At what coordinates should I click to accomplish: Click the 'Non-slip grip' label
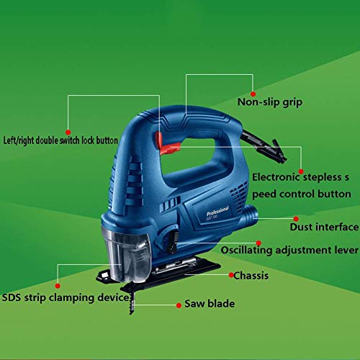coord(270,102)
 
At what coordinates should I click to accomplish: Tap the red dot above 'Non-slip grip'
coord(253,94)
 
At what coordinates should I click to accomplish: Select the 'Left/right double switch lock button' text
coord(60,140)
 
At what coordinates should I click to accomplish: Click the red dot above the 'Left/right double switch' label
coord(68,132)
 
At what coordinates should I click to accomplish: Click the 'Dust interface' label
coord(324,227)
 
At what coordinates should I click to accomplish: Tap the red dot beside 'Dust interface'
coord(296,219)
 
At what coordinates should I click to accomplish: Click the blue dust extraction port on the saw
coord(251,215)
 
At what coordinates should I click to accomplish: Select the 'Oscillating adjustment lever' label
coord(289,250)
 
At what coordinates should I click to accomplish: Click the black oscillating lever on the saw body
coord(173,242)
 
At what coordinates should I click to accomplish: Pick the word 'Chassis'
coord(251,276)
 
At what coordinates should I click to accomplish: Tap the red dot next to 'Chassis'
coord(231,275)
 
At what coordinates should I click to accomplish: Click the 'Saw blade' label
coord(210,304)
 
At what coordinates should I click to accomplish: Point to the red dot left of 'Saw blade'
coord(179,305)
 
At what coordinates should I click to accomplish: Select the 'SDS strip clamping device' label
coord(66,298)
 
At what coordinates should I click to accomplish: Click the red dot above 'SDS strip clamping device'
coord(58,286)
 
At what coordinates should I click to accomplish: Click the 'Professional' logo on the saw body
coord(217,211)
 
